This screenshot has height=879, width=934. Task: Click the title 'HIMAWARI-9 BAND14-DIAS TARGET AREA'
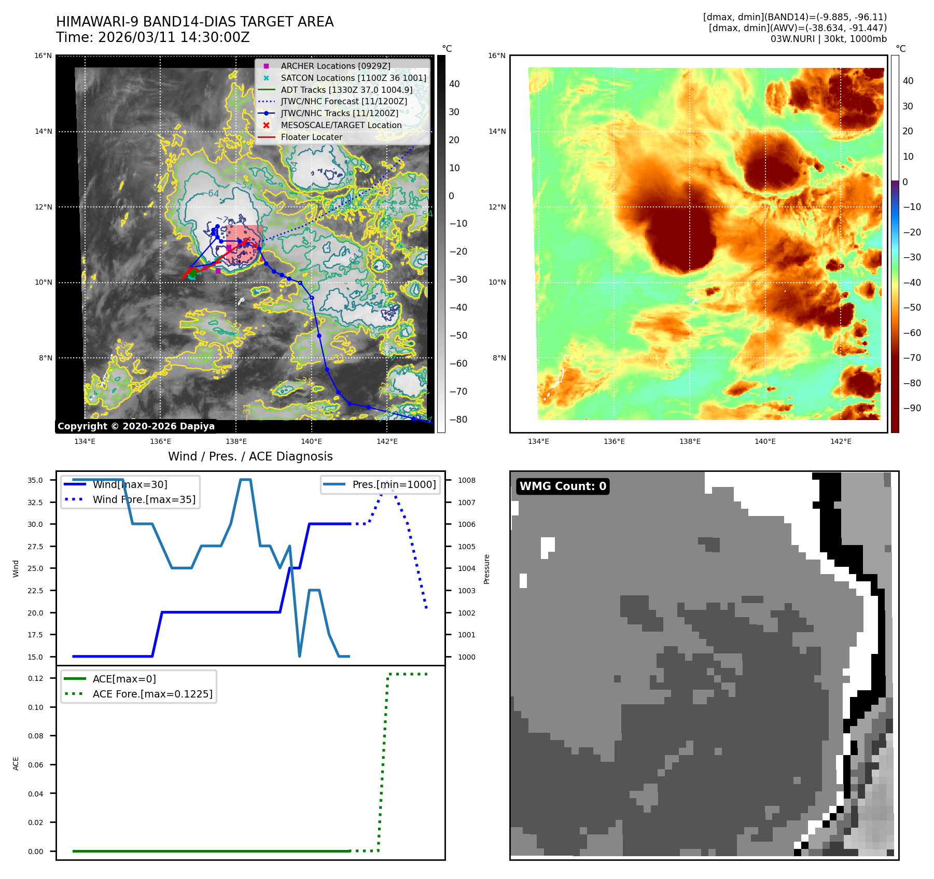(194, 22)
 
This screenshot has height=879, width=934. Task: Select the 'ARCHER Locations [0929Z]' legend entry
(335, 66)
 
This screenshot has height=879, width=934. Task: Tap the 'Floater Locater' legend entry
(311, 137)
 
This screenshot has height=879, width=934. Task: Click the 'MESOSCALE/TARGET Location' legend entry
(341, 125)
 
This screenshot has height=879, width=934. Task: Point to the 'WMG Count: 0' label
(563, 486)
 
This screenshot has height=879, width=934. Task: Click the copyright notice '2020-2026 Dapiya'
(136, 426)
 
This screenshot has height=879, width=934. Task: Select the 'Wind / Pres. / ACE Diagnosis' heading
(250, 456)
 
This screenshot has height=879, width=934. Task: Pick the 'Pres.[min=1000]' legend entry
(394, 484)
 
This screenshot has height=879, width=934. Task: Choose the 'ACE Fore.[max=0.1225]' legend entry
(152, 694)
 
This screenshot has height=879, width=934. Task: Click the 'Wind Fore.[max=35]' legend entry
(144, 499)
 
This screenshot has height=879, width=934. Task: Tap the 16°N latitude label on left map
(43, 56)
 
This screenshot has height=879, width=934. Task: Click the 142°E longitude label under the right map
(841, 441)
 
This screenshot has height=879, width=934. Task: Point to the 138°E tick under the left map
(236, 441)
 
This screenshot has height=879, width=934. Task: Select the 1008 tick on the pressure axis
(466, 480)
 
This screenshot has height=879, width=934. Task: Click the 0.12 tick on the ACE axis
(36, 678)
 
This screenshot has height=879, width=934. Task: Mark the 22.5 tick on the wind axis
(35, 591)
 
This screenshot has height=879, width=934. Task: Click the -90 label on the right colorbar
(912, 408)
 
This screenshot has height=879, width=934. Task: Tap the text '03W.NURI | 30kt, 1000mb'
(828, 39)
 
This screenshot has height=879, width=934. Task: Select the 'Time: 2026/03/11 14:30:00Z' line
(153, 37)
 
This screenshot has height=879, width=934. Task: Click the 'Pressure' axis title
(486, 569)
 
